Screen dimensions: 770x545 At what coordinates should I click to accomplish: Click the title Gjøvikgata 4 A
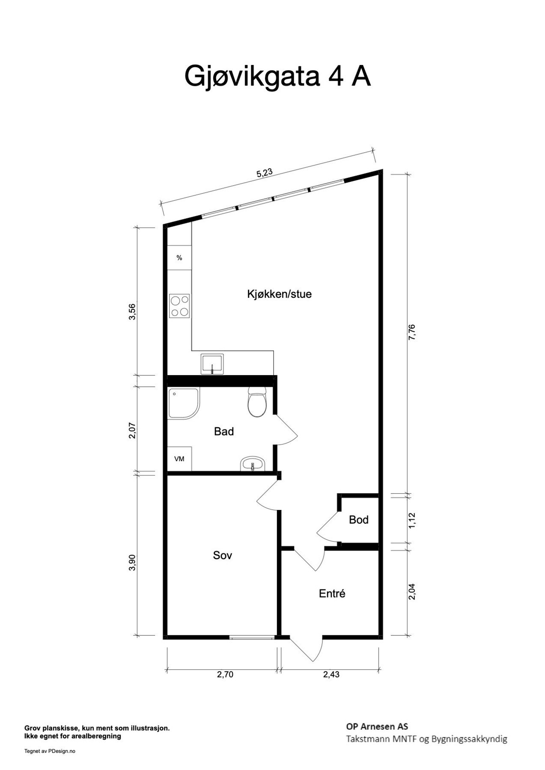tap(277, 76)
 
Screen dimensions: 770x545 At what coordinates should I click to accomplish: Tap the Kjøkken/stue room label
tap(279, 294)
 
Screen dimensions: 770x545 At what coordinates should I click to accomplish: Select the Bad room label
tap(224, 432)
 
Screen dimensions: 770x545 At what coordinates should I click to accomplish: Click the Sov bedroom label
tap(223, 555)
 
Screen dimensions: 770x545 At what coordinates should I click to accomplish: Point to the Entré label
tap(332, 594)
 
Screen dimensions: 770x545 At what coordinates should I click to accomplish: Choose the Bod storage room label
tap(359, 520)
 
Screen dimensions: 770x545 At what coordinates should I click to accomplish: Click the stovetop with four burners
tap(180, 305)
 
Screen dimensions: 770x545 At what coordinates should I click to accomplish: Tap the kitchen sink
tap(212, 364)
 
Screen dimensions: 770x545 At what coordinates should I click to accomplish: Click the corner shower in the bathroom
tap(183, 403)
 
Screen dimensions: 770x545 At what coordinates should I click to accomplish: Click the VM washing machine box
tap(179, 459)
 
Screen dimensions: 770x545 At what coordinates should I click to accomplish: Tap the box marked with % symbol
tap(179, 258)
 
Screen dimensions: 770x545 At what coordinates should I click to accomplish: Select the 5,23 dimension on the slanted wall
tap(264, 174)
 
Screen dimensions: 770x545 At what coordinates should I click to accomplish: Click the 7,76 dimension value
tap(412, 332)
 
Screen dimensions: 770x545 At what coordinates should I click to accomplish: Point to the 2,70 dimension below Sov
tap(225, 675)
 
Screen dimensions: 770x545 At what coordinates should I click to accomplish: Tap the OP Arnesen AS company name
tap(377, 726)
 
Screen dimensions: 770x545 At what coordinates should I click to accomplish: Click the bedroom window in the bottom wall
tap(251, 637)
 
